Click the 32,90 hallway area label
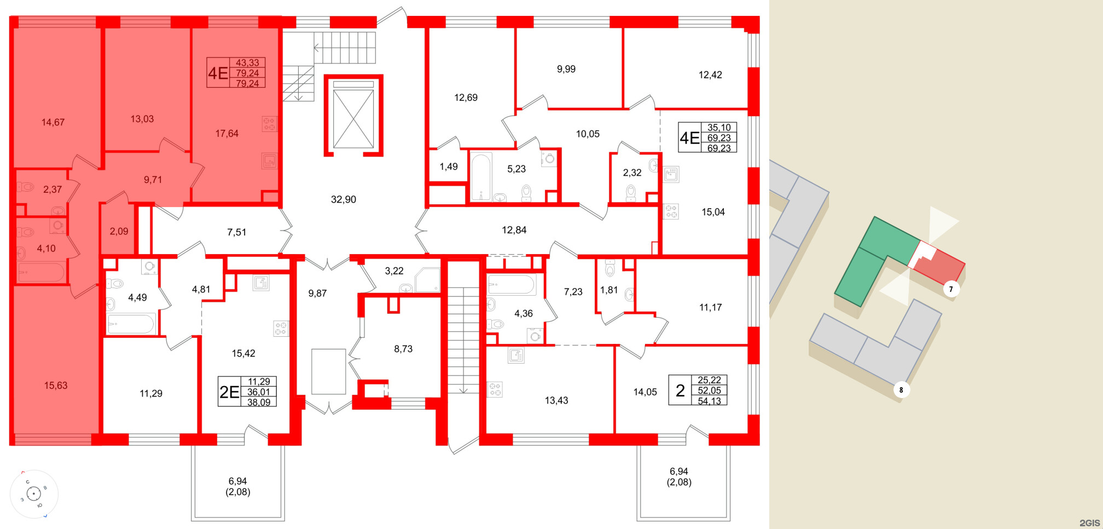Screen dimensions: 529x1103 click(343, 199)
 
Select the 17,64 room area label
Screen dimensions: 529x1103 click(227, 133)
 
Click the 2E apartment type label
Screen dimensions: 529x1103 click(230, 392)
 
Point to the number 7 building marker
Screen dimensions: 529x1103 click(951, 289)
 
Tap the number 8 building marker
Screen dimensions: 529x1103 click(901, 390)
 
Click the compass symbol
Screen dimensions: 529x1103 click(34, 494)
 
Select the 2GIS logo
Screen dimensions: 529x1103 click(1089, 523)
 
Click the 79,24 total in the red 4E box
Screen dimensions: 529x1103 click(247, 73)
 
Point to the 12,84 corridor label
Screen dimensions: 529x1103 click(514, 230)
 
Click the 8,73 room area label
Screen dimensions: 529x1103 click(403, 349)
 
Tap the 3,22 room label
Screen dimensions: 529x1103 click(394, 271)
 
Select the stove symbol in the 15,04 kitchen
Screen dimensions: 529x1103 click(671, 211)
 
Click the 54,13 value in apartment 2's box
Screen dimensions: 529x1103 click(709, 401)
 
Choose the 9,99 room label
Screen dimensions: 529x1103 click(566, 69)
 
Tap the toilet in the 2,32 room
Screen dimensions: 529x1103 click(631, 192)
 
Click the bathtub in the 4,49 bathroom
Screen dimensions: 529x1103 click(131, 324)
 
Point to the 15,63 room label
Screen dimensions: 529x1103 click(56, 386)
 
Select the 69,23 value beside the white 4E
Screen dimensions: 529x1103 click(719, 138)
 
